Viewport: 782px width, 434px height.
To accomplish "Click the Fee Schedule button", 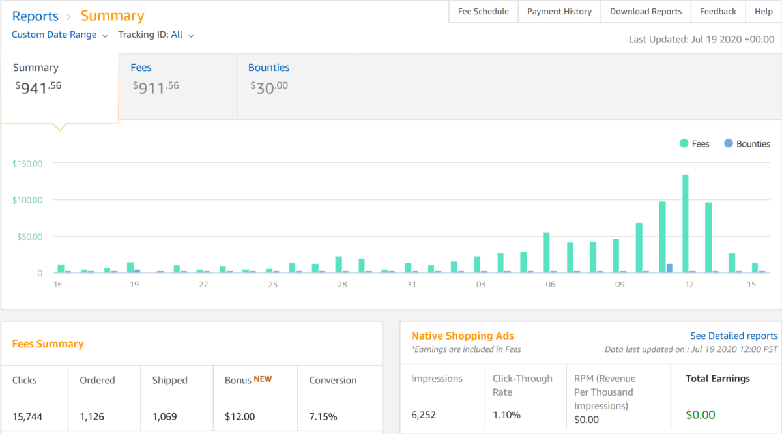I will pos(483,12).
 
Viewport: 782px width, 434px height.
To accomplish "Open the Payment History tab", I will pos(559,12).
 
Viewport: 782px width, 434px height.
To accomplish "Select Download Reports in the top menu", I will pos(646,12).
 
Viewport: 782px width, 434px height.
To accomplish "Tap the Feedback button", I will pos(718,12).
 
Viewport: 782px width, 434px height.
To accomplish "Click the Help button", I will pos(764,12).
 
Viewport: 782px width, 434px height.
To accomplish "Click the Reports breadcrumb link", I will pos(35,16).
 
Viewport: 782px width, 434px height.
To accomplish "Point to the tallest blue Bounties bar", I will pos(669,268).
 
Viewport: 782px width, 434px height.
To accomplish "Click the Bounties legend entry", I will pos(747,144).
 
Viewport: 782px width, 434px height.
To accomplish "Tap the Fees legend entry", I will pos(694,144).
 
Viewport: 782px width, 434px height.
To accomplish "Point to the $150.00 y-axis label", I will pos(27,164).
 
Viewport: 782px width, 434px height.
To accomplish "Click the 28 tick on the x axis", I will pos(342,285).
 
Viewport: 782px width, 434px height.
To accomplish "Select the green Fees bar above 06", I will pos(547,252).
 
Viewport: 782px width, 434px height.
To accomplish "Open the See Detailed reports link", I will pos(734,336).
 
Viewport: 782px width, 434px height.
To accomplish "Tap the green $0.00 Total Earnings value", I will pos(701,415).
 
